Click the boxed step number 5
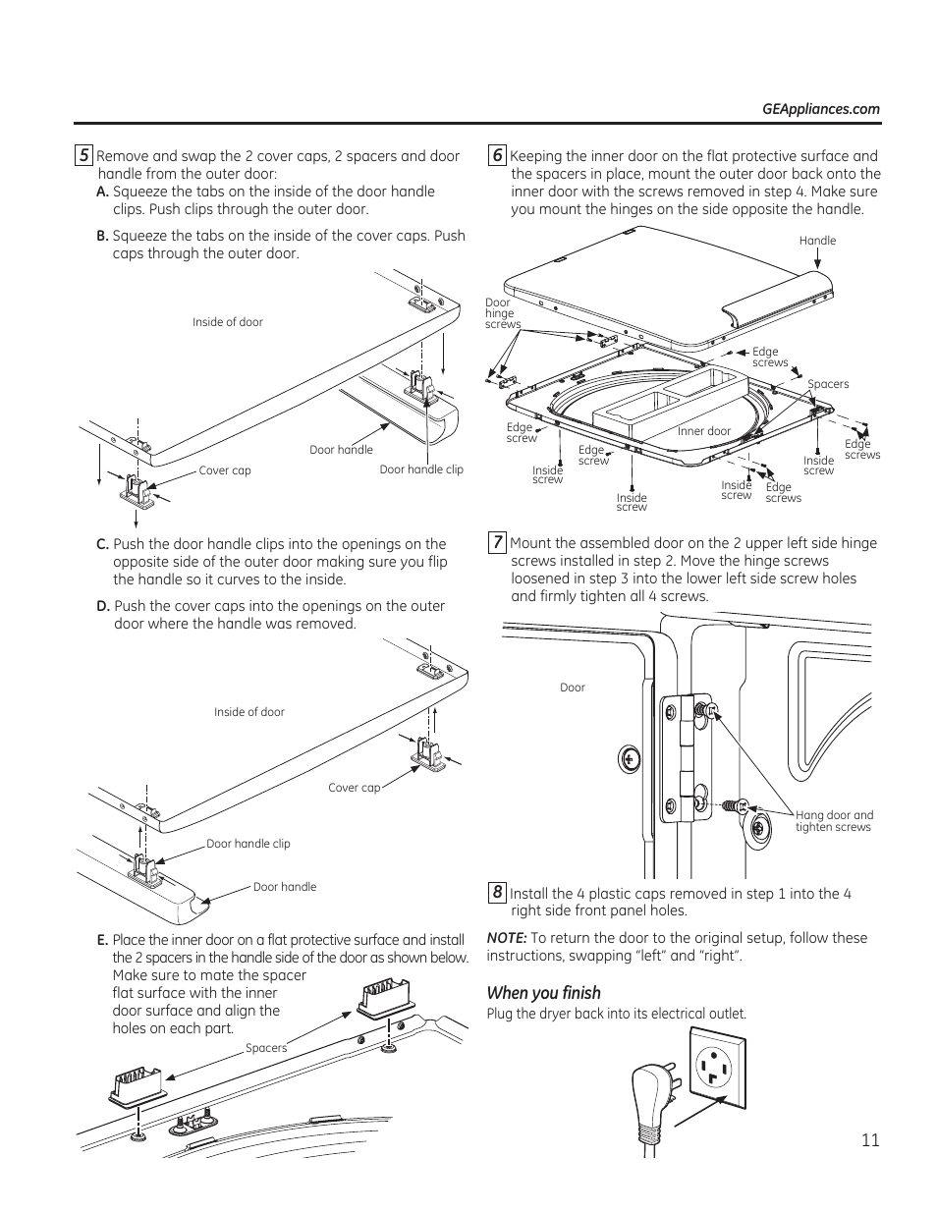coord(84,155)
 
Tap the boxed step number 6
coord(498,155)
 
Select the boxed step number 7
coord(498,542)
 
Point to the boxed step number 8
coord(498,893)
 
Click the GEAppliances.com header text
coord(821,110)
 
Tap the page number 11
coord(870,1140)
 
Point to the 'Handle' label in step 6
coord(817,241)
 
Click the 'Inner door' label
coord(704,431)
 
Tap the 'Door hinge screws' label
coord(502,313)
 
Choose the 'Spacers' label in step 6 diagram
coord(828,384)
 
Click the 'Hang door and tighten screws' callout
coord(834,821)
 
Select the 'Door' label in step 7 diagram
coord(573,688)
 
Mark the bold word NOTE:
coord(507,938)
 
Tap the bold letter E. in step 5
coord(102,941)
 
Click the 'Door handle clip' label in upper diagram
coord(421,469)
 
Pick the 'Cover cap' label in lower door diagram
coord(354,788)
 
